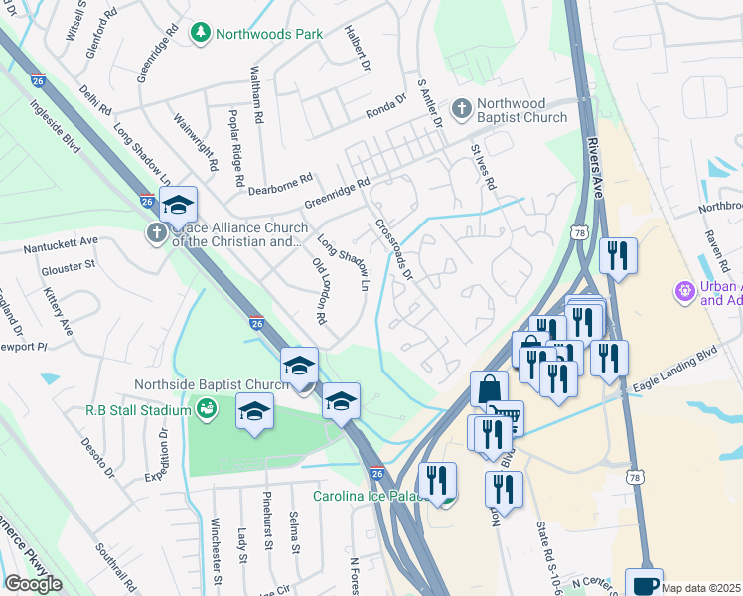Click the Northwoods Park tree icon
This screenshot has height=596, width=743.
point(201,33)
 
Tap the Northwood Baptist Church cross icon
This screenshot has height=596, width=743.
point(462,108)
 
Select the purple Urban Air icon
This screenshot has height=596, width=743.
point(684,292)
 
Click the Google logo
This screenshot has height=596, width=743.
point(33,584)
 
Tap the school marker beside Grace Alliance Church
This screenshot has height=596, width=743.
point(178,205)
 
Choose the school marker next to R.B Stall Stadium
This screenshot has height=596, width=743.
point(254,410)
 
